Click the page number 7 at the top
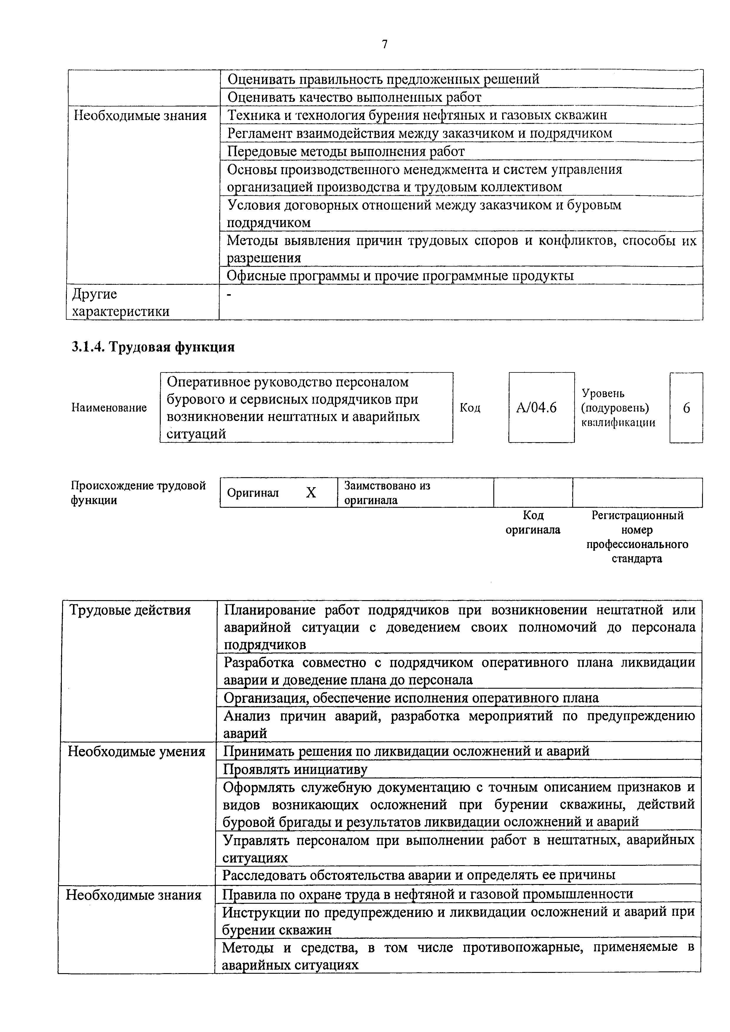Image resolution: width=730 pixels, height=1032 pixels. (x=384, y=44)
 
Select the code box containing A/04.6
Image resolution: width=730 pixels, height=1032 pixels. (x=541, y=407)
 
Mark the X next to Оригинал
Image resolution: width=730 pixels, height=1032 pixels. (x=311, y=493)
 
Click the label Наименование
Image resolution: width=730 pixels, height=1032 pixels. (x=109, y=408)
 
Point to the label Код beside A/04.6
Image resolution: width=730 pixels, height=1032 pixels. (x=470, y=408)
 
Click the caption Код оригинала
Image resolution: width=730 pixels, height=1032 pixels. (x=533, y=522)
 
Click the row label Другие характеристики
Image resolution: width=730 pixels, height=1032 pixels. (x=121, y=302)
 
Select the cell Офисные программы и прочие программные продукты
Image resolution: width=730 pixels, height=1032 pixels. (x=400, y=276)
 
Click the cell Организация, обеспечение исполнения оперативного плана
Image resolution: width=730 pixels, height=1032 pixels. (x=411, y=698)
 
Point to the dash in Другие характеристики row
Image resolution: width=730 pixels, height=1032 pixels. (x=230, y=294)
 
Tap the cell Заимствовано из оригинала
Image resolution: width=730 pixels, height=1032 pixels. (x=387, y=493)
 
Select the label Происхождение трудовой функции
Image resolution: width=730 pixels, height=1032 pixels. (x=139, y=493)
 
